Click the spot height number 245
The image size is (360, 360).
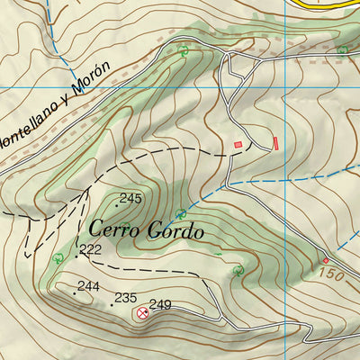point(131,199)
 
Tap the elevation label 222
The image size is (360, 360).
point(91,249)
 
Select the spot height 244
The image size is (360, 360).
point(87,286)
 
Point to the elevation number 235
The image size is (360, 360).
point(125,298)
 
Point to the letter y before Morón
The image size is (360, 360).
point(65,96)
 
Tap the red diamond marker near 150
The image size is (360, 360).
point(326,261)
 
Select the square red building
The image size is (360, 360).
point(238,144)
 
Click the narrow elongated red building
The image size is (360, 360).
point(276,141)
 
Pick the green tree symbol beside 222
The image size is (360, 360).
point(58,257)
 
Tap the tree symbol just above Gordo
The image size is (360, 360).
point(181,214)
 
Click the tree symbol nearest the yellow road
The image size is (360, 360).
point(341,49)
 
